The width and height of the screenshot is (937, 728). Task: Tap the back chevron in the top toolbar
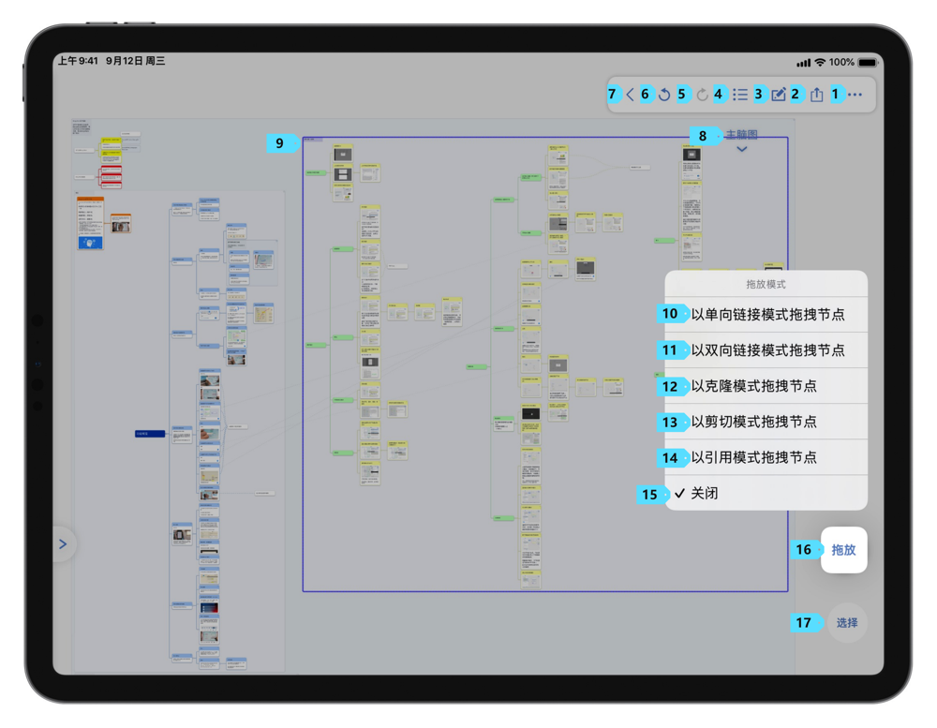(631, 95)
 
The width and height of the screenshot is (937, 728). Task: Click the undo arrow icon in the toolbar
(664, 95)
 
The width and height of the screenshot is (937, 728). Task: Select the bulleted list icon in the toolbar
(740, 95)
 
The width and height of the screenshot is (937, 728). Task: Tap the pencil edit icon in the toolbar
(779, 95)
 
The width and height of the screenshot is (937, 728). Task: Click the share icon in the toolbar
(817, 95)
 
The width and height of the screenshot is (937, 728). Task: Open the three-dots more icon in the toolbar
(855, 95)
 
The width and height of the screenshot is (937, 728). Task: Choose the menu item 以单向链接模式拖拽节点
(767, 315)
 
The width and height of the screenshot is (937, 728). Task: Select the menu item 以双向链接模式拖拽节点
(767, 350)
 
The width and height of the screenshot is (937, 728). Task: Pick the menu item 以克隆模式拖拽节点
(753, 386)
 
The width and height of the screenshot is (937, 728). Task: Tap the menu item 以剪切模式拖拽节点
(753, 422)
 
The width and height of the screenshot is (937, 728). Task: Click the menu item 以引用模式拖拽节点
(753, 457)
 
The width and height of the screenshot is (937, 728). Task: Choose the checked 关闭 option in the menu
(704, 493)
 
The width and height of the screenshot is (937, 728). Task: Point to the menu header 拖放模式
(766, 284)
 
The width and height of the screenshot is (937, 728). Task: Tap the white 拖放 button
(844, 550)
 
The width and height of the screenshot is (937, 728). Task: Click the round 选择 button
(847, 623)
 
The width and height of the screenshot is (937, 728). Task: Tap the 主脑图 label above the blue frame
(742, 136)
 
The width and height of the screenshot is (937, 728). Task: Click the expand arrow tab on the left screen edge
(63, 543)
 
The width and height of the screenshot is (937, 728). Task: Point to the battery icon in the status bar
(868, 62)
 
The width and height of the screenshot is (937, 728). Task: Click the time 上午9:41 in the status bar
(78, 62)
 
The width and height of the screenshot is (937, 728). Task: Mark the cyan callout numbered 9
(279, 143)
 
